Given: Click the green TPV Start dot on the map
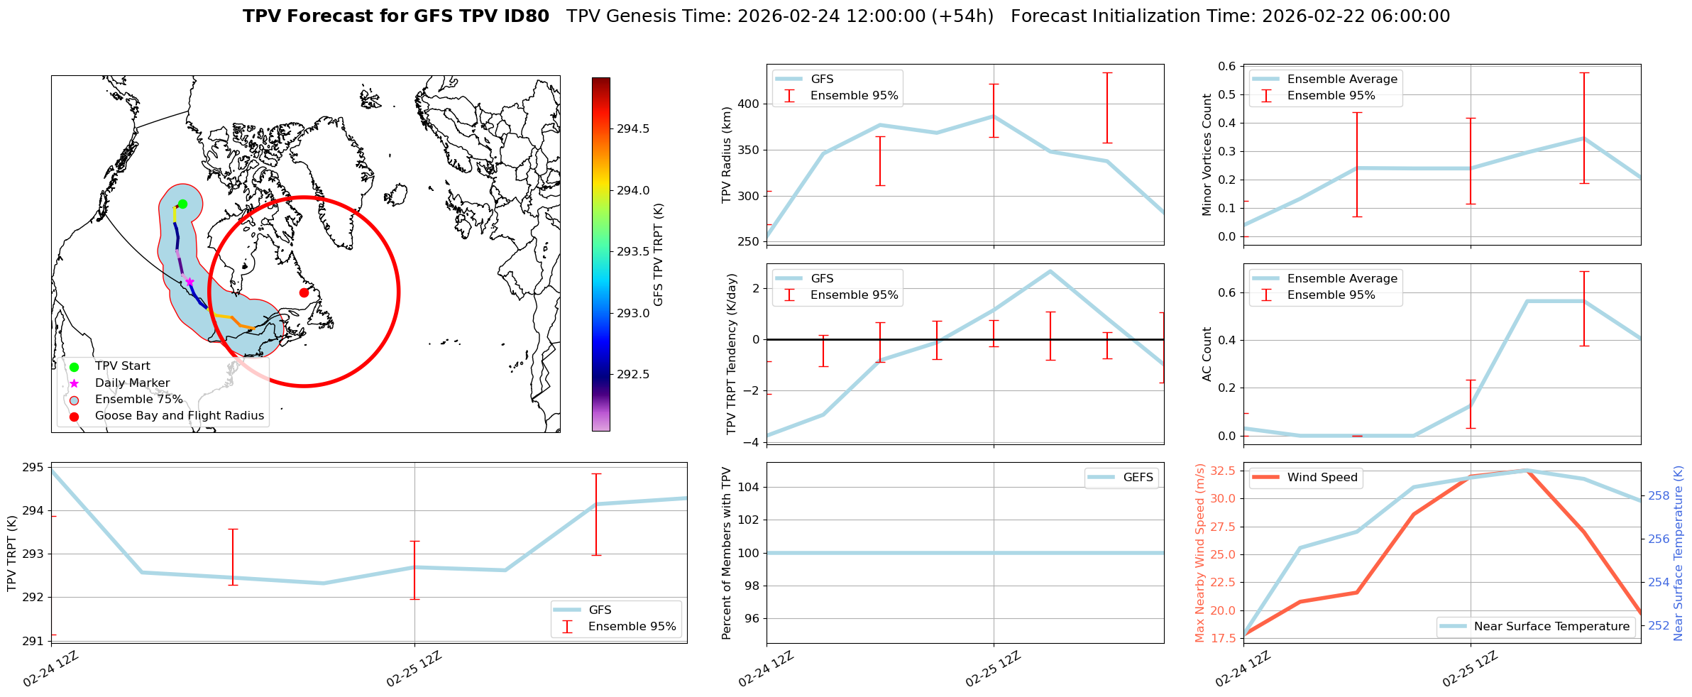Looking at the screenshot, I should coord(182,204).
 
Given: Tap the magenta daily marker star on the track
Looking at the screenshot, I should coord(189,282).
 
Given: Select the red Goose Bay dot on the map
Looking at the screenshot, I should coord(304,292).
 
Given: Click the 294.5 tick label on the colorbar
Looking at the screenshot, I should coord(632,128).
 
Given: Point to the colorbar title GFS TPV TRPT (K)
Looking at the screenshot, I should coord(658,255).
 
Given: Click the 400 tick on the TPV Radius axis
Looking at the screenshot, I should coord(749,104).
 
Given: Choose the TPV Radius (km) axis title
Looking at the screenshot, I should coord(726,155).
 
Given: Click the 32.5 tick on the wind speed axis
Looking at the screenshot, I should coord(1223,471).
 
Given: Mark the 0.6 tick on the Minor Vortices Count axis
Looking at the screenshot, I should coord(1227,66).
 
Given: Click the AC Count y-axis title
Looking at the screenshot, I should coord(1207,354).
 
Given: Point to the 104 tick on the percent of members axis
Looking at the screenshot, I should coord(749,487).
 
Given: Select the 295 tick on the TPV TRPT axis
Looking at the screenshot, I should coord(34,468).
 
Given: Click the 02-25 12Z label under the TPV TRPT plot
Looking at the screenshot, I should coord(414,669).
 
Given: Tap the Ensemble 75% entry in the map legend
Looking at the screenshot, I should coord(138,400).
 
